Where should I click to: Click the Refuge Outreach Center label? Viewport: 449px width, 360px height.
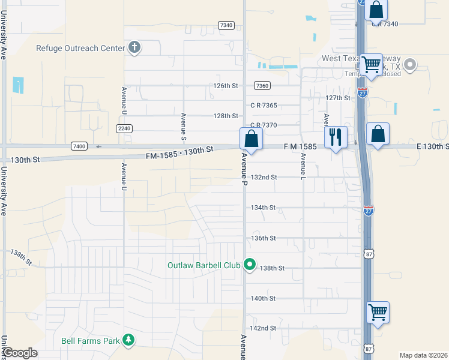[81, 49]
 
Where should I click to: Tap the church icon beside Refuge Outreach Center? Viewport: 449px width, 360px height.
[134, 48]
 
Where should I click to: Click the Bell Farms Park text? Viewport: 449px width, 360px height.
[90, 341]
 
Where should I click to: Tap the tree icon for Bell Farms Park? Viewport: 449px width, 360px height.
[128, 341]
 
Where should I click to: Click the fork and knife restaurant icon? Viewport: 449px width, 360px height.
[335, 137]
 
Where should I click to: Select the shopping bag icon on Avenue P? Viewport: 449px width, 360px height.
[252, 139]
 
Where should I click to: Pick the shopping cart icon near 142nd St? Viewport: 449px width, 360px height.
[378, 312]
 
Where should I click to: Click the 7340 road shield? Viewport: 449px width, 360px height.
[226, 25]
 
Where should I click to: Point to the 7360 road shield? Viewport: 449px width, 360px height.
[262, 86]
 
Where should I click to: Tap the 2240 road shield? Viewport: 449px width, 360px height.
[124, 128]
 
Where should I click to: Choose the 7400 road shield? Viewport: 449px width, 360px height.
[79, 146]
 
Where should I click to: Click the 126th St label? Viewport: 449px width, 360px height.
[226, 86]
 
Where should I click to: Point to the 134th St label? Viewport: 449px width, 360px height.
[263, 208]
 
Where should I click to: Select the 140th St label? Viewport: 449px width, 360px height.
[263, 298]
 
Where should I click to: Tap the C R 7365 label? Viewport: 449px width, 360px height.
[264, 106]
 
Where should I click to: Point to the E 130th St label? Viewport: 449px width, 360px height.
[432, 147]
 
